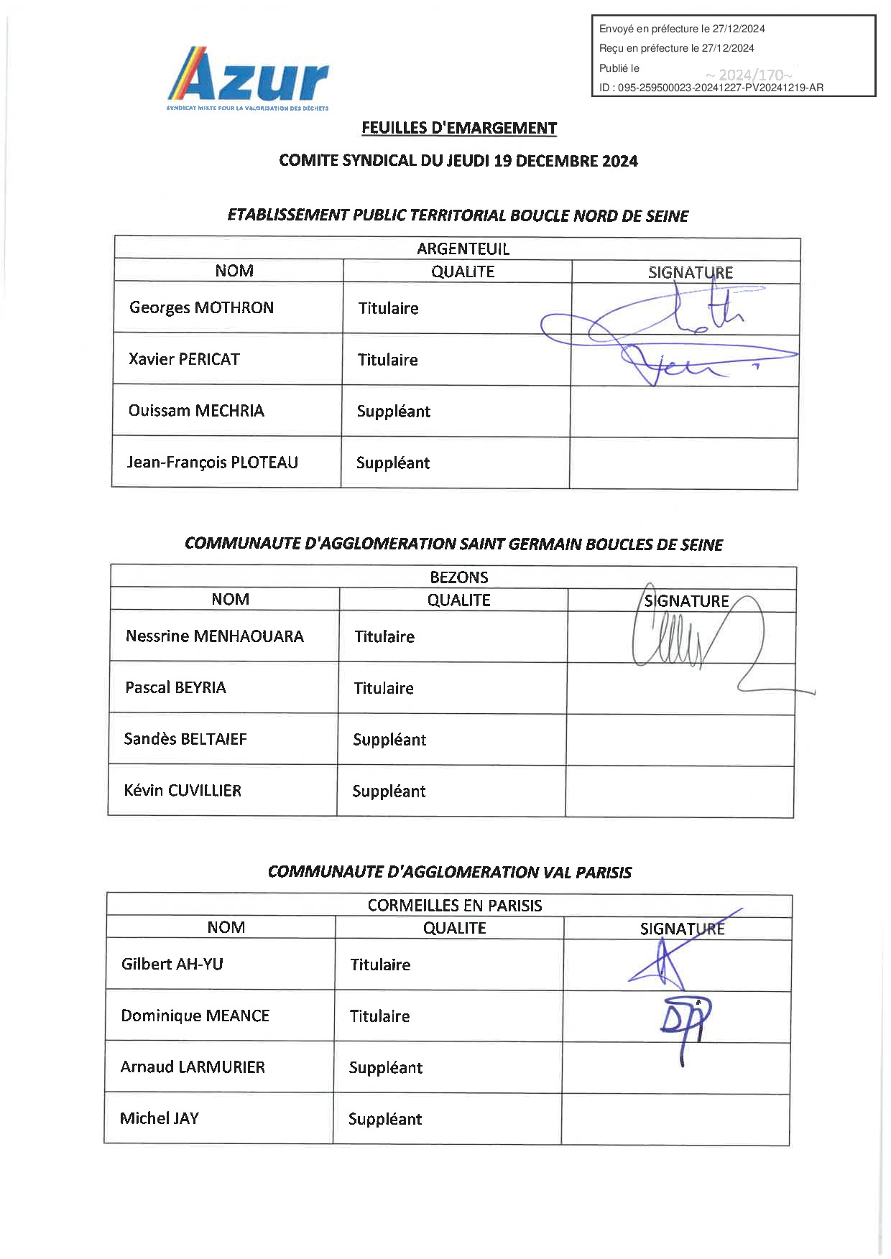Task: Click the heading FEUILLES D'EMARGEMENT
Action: (x=459, y=128)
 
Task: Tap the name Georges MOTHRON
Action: (x=201, y=307)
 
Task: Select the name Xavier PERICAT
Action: (x=184, y=359)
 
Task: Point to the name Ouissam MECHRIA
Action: (x=196, y=411)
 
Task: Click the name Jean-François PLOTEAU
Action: (x=212, y=463)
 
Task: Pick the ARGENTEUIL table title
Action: (x=463, y=249)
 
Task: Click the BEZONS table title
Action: (x=458, y=577)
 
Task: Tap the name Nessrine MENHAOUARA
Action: (x=214, y=636)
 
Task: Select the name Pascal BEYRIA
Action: (x=175, y=688)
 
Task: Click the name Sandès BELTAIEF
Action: (x=185, y=739)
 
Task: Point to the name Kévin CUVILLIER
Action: (x=182, y=791)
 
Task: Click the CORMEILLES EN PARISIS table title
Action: (x=454, y=906)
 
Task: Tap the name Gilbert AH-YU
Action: (x=172, y=964)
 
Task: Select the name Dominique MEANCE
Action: (x=195, y=1016)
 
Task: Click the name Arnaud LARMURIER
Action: (x=192, y=1067)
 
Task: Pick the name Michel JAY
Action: (x=159, y=1118)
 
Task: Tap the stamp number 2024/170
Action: (x=749, y=75)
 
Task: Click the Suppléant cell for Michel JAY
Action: (x=384, y=1119)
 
